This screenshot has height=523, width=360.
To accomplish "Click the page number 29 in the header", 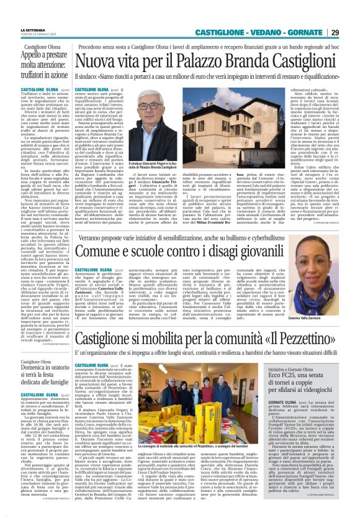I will [352, 32].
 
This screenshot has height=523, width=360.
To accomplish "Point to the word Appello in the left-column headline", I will [37, 55].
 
